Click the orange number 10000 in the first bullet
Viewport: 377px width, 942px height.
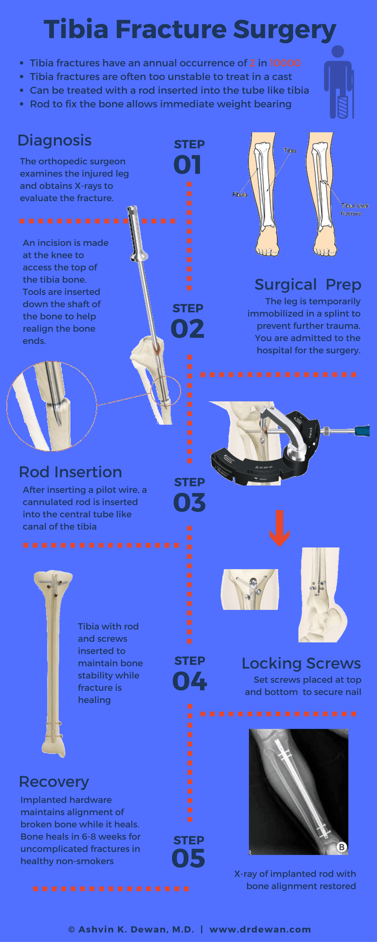285,63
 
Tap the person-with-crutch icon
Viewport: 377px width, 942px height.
339,82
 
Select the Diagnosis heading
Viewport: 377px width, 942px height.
54,141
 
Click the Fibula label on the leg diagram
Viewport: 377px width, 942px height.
239,194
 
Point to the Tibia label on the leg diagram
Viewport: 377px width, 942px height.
290,150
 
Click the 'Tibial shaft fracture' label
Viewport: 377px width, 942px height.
355,210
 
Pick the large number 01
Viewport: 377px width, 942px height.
188,165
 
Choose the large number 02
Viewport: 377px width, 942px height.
188,329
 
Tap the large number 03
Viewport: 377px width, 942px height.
189,503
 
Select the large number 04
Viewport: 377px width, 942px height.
189,681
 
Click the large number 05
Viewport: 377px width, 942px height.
188,859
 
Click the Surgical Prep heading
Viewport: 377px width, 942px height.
308,285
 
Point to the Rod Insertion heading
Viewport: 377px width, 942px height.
70,472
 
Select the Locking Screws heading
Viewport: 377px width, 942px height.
301,663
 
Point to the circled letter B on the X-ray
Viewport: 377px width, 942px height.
342,847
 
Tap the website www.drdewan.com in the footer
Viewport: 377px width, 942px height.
260,929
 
